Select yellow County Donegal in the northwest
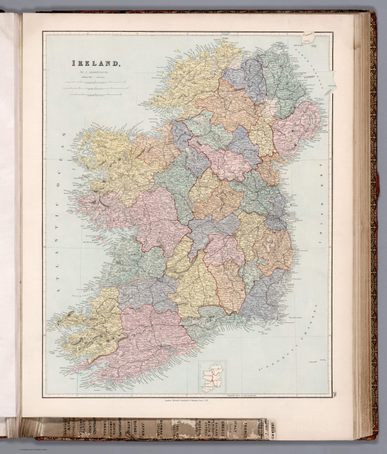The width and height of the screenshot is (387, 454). click(186, 81)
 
